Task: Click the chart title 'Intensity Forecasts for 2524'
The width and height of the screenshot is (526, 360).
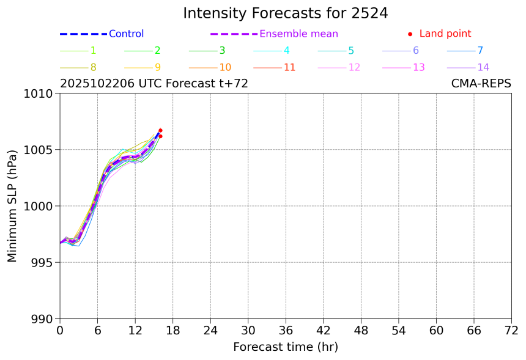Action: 286,13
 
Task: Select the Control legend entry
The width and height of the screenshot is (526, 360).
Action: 126,34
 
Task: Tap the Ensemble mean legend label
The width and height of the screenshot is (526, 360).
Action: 298,34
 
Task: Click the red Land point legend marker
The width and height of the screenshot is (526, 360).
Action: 410,34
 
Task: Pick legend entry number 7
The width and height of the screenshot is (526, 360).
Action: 480,51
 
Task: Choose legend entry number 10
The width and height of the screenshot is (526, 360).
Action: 225,67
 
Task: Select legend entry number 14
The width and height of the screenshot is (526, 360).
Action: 483,67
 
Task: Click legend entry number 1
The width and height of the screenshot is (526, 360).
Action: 93,51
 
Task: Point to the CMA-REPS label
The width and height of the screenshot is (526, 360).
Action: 481,84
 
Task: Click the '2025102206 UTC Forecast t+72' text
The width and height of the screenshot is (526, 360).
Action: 154,84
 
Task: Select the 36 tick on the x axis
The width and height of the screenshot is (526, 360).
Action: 286,331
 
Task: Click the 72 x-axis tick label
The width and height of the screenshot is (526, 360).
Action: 511,331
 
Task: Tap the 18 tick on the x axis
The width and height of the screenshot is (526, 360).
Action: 172,331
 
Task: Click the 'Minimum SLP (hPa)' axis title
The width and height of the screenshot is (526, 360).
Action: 13,206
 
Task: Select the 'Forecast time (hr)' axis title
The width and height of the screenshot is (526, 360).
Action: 286,347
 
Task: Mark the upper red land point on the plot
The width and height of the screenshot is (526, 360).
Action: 160,130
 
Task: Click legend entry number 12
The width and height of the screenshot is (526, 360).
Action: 354,67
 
